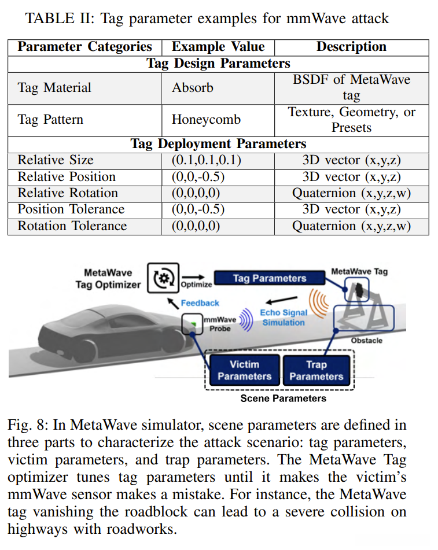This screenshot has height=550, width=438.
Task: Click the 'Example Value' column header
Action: pyautogui.click(x=218, y=47)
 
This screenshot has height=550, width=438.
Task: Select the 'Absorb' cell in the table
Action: pyautogui.click(x=193, y=88)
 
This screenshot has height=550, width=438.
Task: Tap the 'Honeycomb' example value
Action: pyautogui.click(x=206, y=120)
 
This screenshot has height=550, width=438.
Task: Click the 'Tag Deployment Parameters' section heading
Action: pyautogui.click(x=218, y=143)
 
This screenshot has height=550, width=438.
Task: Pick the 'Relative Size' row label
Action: pyautogui.click(x=56, y=160)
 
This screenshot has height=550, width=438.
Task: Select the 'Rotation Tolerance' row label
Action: pyautogui.click(x=72, y=226)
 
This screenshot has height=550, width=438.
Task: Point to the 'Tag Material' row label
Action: pyautogui.click(x=54, y=88)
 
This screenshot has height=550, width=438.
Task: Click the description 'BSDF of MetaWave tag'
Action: pyautogui.click(x=351, y=87)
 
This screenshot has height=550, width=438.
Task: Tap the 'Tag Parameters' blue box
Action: pyautogui.click(x=269, y=278)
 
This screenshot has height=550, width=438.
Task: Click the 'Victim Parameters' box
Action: pyautogui.click(x=244, y=370)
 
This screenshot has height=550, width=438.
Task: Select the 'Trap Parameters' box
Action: pyautogui.click(x=316, y=370)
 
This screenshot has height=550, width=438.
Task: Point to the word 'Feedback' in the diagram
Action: pyautogui.click(x=200, y=302)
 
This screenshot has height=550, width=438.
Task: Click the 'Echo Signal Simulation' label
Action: pyautogui.click(x=283, y=318)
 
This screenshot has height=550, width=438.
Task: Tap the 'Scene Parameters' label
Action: pyautogui.click(x=283, y=398)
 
